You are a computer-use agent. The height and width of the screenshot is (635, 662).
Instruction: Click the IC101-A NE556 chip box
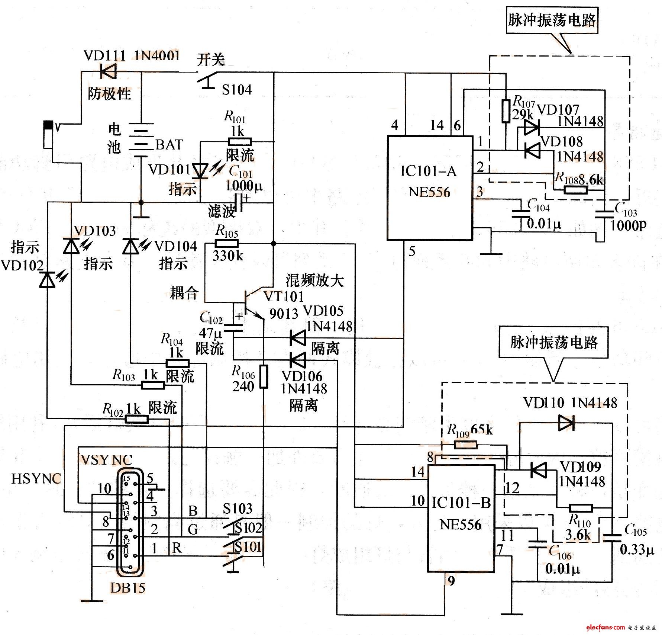coord(430,187)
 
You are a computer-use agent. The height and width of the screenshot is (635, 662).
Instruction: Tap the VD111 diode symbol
coord(108,71)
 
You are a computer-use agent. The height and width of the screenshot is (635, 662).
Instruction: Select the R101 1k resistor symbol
coord(239,142)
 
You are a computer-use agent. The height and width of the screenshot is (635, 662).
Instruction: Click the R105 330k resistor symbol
coord(226,244)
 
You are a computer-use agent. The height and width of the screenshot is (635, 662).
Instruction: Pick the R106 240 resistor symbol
coord(263,376)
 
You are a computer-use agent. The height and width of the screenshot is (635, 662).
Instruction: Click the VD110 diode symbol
coord(566,423)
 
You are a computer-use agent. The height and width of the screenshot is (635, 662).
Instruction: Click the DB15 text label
coord(127,588)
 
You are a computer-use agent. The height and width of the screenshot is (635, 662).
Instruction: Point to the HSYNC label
coord(36,478)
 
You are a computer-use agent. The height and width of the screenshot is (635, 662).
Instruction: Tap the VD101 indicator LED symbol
coord(201,171)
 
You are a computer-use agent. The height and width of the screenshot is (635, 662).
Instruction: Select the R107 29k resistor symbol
coord(506,111)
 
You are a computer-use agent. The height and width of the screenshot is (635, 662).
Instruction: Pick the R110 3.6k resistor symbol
coord(581,508)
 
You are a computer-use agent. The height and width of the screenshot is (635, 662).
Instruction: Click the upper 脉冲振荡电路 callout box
coord(552,20)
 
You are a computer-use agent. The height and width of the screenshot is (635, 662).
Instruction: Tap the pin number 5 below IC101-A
coord(412,252)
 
